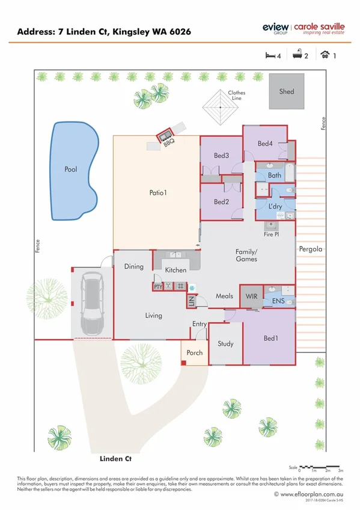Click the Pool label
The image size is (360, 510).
pos(71,170)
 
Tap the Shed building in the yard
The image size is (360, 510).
pos(286,91)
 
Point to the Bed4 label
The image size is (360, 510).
pos(265,144)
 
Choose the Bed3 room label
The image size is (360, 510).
pos(221,156)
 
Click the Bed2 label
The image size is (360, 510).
pos(221,202)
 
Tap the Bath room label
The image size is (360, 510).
pos(274,176)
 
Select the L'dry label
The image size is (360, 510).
pos(275,207)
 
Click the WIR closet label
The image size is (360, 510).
pos(251,296)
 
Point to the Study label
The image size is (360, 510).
pos(225,344)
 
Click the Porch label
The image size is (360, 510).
pos(195,352)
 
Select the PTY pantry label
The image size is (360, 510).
pos(158,287)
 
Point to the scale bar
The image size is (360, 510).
pos(321,466)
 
